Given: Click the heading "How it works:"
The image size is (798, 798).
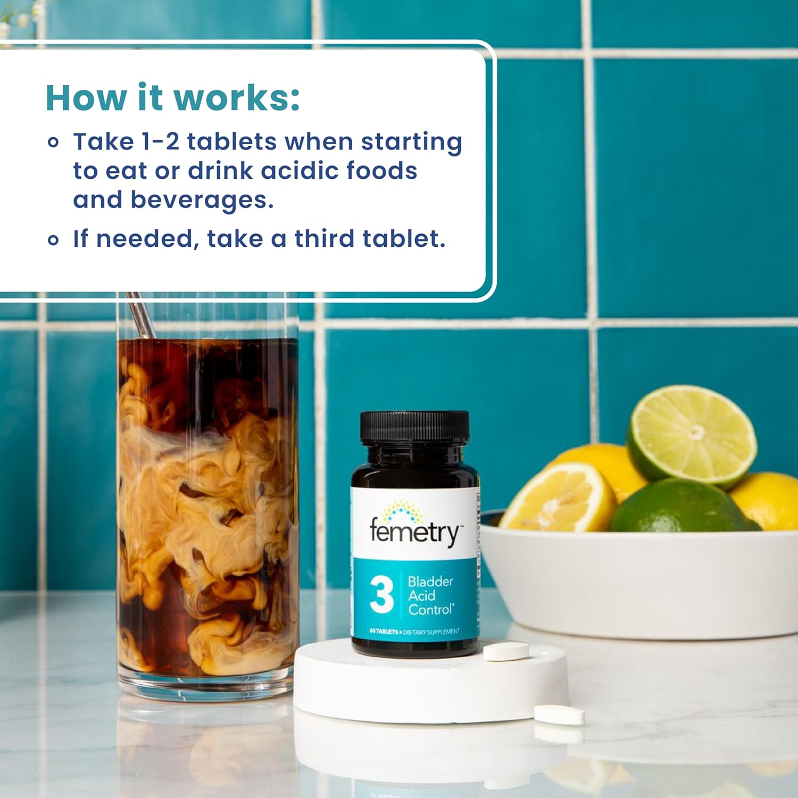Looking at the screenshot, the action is (173, 98).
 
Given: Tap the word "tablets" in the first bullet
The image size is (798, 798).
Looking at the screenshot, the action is (232, 142).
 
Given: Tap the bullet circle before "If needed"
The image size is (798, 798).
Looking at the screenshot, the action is (53, 240).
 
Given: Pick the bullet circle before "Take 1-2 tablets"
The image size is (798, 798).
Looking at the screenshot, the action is (53, 142).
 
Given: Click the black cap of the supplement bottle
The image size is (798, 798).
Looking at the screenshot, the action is (415, 428).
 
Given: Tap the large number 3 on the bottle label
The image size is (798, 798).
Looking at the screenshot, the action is (381, 594).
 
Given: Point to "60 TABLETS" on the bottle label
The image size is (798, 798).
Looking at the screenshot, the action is (384, 631).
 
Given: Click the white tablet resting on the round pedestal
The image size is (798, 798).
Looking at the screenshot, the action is (506, 651).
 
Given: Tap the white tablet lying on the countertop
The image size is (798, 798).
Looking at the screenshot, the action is (559, 714).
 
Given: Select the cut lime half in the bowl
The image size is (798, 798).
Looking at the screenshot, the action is (691, 437).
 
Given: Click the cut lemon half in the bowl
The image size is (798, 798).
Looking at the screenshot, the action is (558, 498).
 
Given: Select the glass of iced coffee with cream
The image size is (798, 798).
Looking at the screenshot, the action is (207, 495).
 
